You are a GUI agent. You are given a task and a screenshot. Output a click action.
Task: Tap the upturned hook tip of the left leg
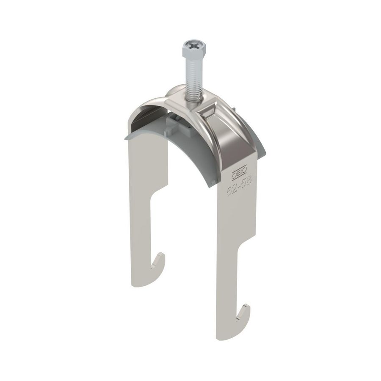pyautogui.click(x=160, y=258)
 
